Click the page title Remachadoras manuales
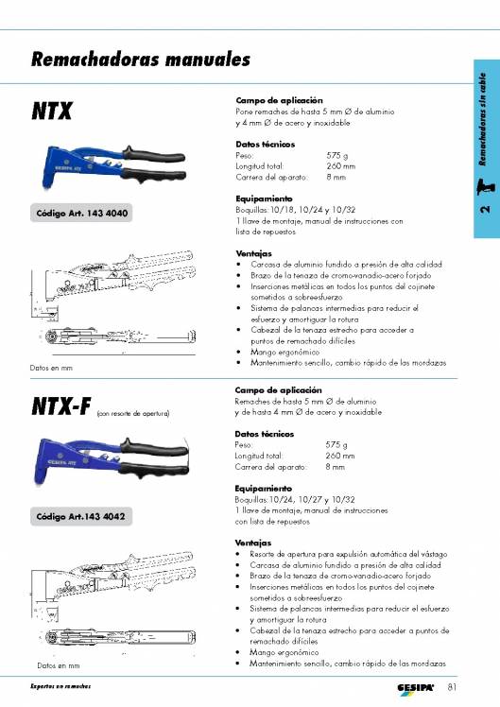point(140,60)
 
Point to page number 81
point(453,685)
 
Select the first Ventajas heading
point(253,254)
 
